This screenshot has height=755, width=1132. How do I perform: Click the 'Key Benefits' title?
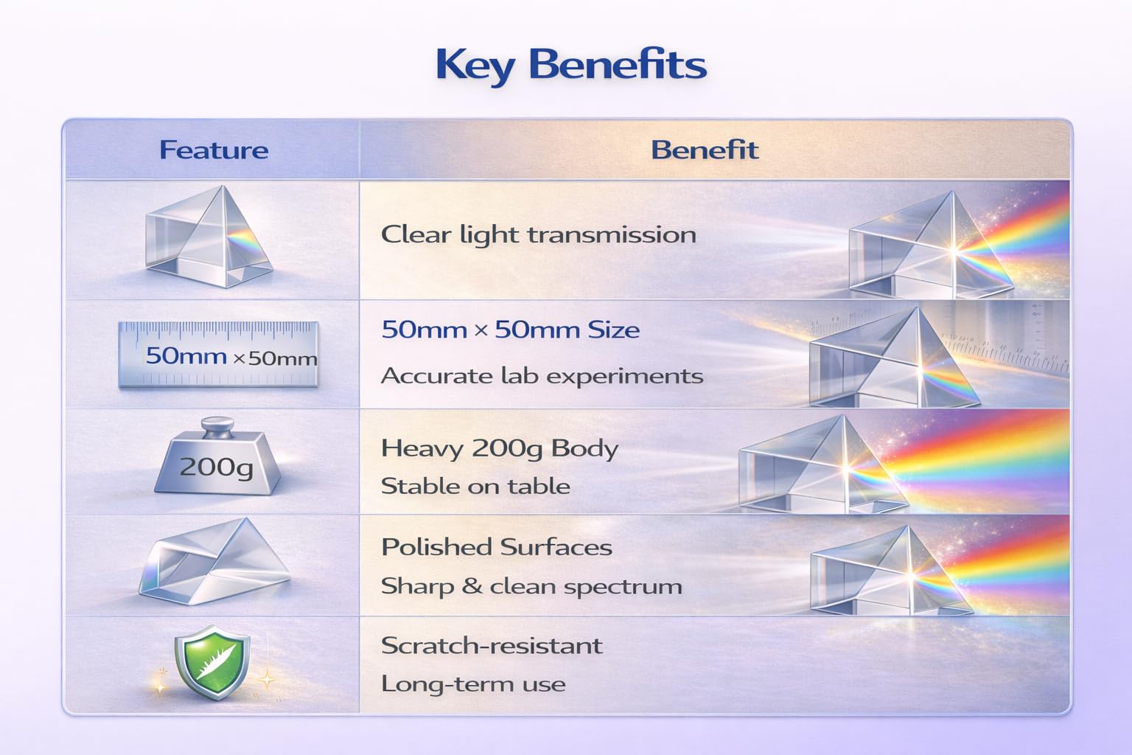[x=571, y=66]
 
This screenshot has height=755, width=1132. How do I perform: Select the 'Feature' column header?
[x=214, y=150]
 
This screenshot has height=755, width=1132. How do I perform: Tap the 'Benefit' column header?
[x=705, y=150]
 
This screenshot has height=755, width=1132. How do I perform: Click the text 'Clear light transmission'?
[x=538, y=235]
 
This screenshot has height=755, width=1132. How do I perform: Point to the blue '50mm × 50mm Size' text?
[x=511, y=330]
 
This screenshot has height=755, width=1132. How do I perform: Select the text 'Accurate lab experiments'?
[x=542, y=376]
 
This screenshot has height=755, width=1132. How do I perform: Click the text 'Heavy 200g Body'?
[x=499, y=449]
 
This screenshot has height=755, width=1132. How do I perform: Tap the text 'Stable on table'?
[x=475, y=487]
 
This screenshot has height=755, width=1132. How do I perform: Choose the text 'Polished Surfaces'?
[x=497, y=547]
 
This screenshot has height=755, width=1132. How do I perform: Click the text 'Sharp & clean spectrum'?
[x=531, y=587]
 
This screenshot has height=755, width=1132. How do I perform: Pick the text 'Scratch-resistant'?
[x=492, y=646]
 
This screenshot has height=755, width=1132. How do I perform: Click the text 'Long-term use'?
[x=473, y=684]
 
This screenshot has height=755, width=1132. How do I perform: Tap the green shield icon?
[x=212, y=662]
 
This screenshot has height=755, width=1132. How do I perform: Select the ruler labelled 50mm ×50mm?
[x=218, y=355]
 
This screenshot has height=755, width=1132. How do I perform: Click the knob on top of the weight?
[x=218, y=426]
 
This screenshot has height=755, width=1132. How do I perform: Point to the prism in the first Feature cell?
[x=209, y=237]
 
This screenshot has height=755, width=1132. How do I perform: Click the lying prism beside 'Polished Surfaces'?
[x=214, y=561]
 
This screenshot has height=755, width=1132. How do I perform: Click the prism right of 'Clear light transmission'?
[x=931, y=245]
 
